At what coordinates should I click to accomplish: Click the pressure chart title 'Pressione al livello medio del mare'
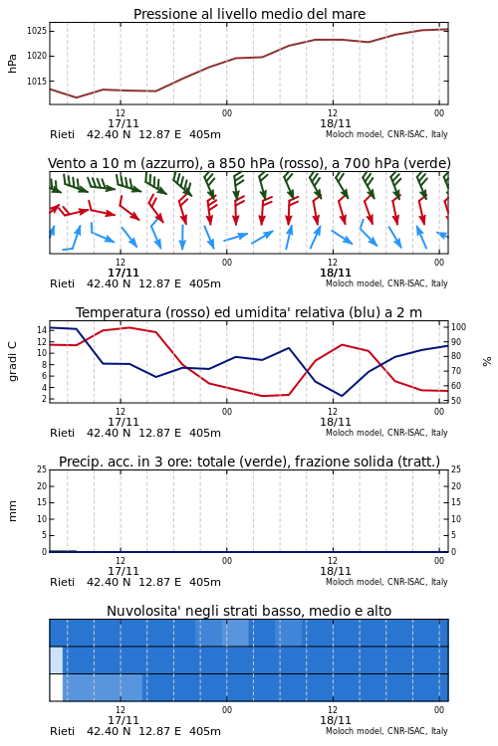[x=249, y=14]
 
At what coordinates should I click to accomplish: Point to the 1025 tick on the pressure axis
[x=36, y=31]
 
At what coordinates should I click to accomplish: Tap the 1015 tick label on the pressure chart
[x=36, y=82]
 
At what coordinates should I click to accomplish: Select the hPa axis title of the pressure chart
[x=12, y=64]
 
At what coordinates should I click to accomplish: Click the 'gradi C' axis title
[x=12, y=361]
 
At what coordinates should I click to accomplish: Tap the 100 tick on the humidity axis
[x=458, y=327]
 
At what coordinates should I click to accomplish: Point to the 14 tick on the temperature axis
[x=42, y=330]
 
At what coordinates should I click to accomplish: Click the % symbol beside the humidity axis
[x=487, y=362]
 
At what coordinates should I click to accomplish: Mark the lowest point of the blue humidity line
[x=343, y=396]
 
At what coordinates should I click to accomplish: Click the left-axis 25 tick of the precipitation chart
[x=42, y=469]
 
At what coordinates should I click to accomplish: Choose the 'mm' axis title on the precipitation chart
[x=12, y=511]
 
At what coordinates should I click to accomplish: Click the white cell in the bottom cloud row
[x=56, y=687]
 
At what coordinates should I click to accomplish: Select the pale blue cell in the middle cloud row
[x=56, y=659]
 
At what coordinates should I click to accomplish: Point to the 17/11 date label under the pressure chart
[x=123, y=124]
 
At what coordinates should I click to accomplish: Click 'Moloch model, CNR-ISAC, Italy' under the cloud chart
[x=386, y=731]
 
